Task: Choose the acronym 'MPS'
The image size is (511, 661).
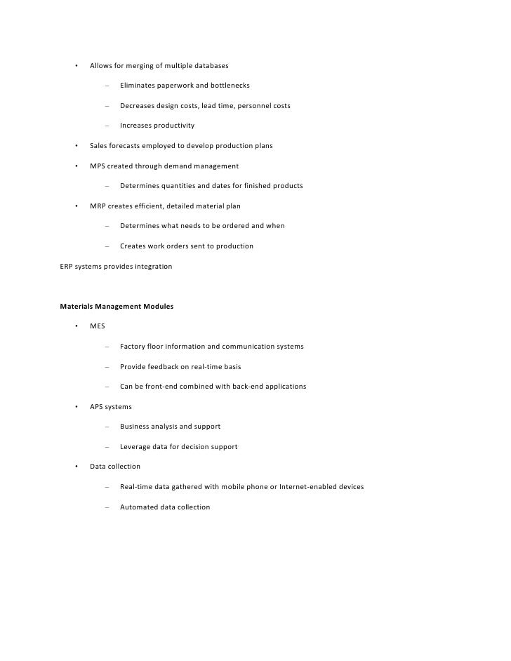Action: (98, 166)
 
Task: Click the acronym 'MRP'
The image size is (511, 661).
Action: (98, 206)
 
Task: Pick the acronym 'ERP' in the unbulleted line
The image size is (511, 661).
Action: (67, 267)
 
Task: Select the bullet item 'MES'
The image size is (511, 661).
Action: (98, 327)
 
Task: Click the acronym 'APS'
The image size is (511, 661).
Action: (98, 407)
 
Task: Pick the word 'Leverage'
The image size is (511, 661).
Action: (136, 446)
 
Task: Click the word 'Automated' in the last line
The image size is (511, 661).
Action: (140, 507)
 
